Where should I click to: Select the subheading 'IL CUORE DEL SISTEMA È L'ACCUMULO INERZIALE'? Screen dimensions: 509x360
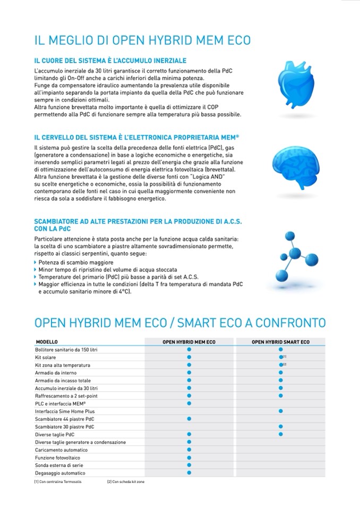pos(110,61)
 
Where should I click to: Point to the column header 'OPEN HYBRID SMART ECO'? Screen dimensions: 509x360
pos(280,342)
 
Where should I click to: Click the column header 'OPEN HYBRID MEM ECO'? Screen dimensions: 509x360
pos(188,342)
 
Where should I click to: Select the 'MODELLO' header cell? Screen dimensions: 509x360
pos(47,342)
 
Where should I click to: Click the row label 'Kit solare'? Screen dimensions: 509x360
pos(45,358)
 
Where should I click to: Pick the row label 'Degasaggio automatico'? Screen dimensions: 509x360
pos(60,473)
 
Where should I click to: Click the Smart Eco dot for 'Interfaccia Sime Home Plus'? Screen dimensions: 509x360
pos(280,411)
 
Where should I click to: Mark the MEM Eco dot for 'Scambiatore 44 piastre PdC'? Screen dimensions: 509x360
pos(188,419)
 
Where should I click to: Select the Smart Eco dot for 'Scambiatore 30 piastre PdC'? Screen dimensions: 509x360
pos(280,427)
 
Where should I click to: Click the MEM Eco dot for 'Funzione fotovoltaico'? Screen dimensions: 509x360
pos(188,458)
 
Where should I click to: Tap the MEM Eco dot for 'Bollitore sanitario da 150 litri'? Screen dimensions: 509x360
pos(188,350)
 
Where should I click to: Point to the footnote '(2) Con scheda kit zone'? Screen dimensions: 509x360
pos(125,482)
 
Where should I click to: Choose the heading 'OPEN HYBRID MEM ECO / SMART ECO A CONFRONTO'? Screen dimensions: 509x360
pos(180,323)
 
